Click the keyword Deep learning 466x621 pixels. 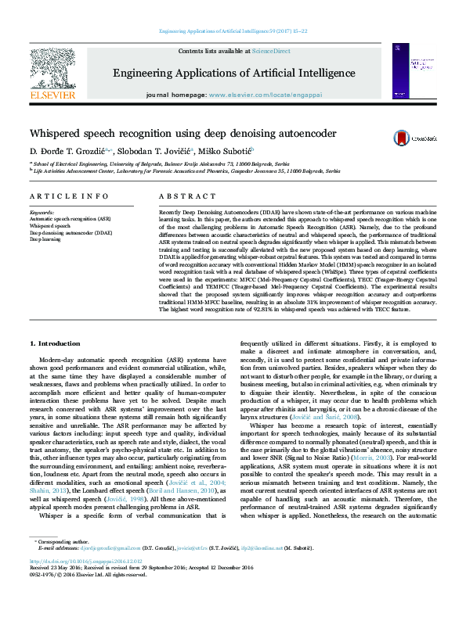45,239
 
